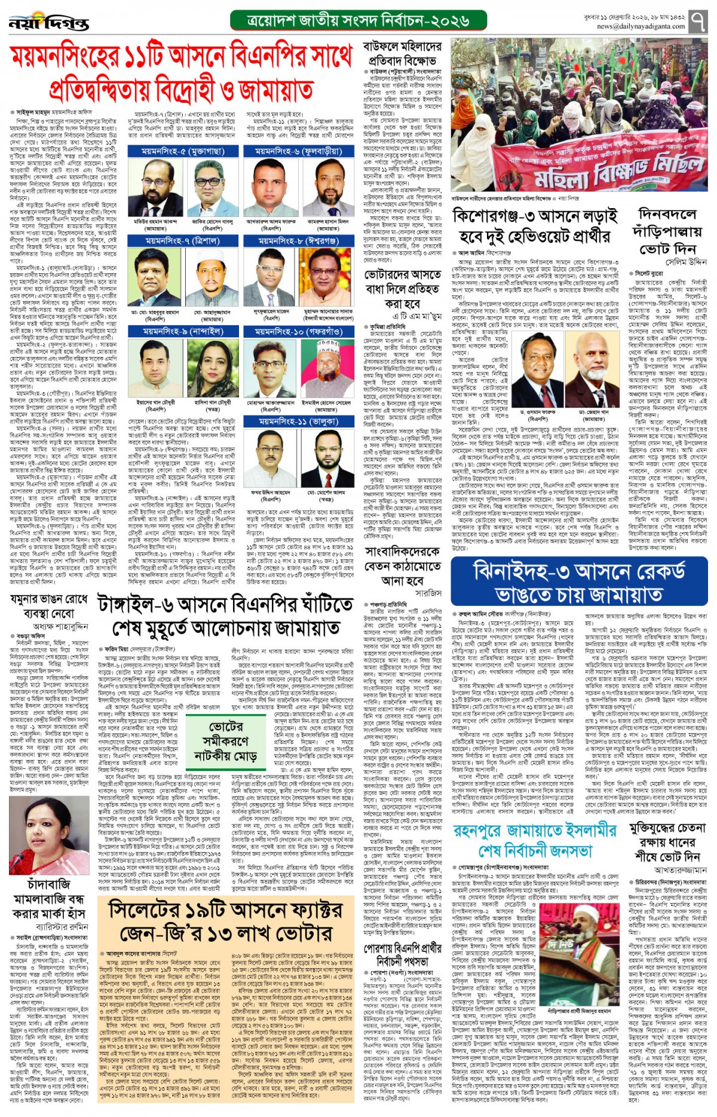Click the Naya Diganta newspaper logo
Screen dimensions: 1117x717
[49, 23]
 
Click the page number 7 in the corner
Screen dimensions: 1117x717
[698, 23]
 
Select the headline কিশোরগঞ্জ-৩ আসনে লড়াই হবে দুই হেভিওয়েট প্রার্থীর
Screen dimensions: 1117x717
[534, 226]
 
